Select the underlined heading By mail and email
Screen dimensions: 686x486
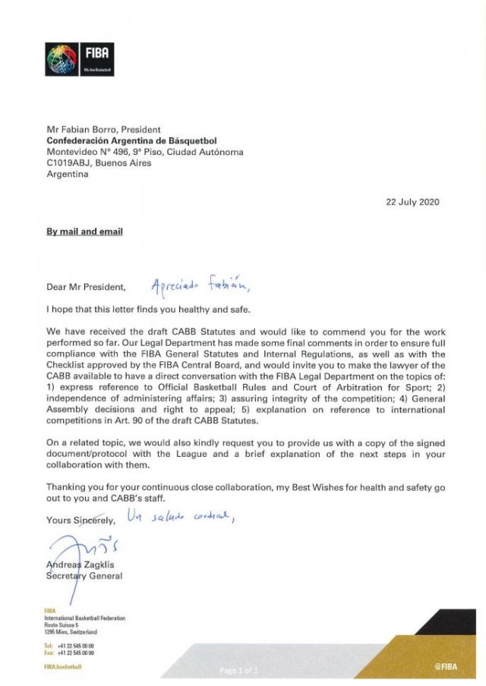click(x=84, y=231)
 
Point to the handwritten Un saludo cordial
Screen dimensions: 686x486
click(x=182, y=518)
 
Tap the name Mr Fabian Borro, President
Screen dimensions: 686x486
click(x=103, y=130)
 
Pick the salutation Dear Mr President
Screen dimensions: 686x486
click(x=83, y=288)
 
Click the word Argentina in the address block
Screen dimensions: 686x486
click(x=68, y=174)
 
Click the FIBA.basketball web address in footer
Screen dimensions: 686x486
click(x=63, y=666)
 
